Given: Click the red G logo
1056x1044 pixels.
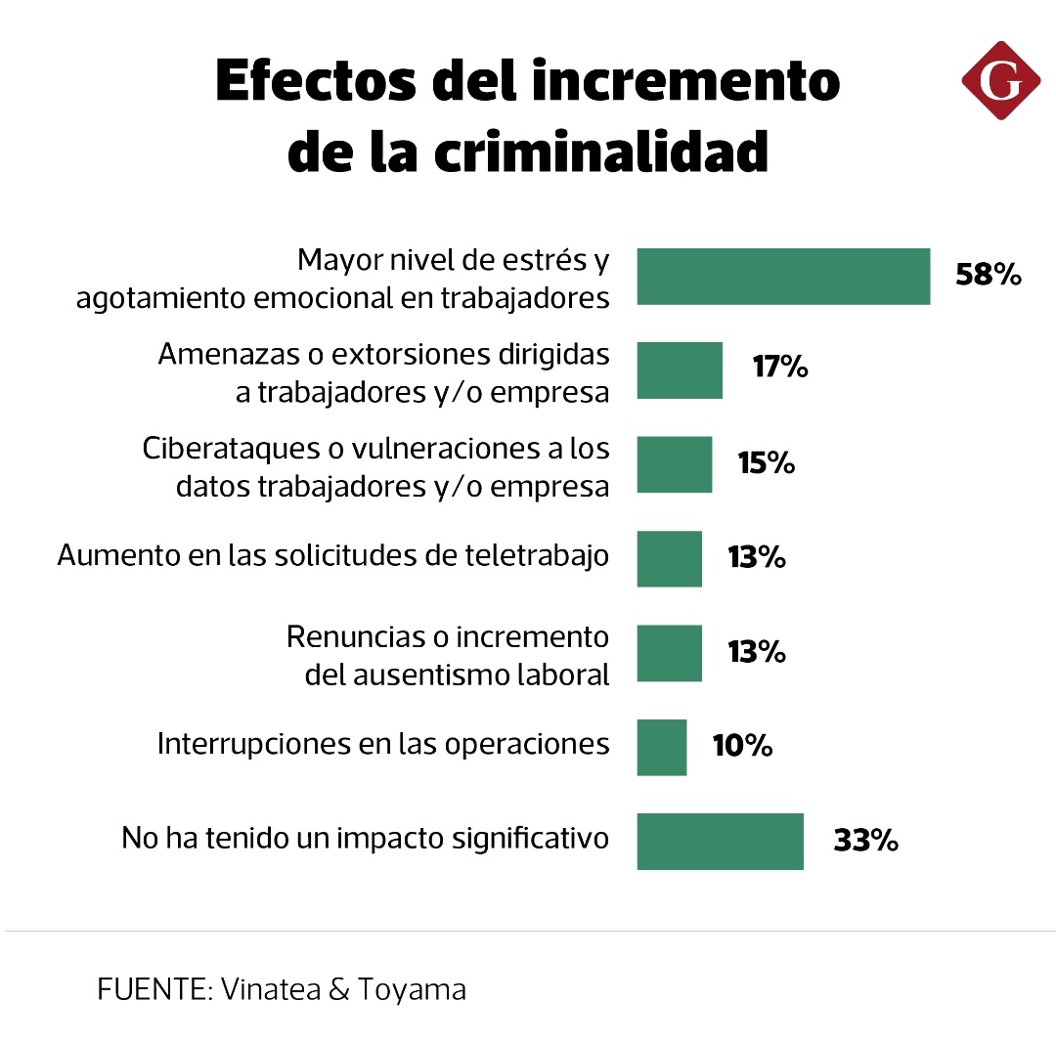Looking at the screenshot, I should pos(1000,81).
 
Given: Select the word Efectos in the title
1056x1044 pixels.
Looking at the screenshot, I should pos(314,82).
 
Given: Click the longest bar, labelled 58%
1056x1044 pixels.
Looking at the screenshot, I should pos(782,277).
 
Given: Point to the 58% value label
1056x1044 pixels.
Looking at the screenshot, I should pos(988,276).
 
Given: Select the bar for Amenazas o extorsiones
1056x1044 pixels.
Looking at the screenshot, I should pos(680,370).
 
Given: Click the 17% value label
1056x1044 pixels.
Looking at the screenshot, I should pos(779,369).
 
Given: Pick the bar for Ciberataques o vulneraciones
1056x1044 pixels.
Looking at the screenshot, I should pos(674,464).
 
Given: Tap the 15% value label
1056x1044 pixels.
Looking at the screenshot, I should pos(766,463).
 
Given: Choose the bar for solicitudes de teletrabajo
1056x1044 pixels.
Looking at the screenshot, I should pos(669,558).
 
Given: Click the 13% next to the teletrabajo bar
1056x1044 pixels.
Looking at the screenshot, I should pos(756,558).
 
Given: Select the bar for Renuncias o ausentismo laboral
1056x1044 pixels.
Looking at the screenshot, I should pos(669,653).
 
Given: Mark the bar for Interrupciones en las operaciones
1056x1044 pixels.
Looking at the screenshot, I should pos(661,747).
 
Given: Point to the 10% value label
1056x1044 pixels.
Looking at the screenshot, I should pos(742,747).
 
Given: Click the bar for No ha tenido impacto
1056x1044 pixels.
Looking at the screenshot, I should pos(720,841).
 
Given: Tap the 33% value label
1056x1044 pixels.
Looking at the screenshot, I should pos(865,841).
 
